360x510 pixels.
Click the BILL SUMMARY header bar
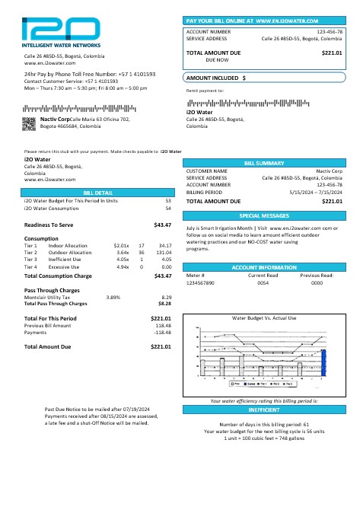(x=264, y=164)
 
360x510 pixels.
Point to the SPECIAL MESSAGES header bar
(x=264, y=216)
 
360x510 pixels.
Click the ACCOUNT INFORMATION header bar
(x=264, y=268)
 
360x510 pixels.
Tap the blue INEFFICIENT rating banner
(x=264, y=410)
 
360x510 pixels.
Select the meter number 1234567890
(x=200, y=282)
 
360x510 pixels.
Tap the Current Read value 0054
(x=263, y=282)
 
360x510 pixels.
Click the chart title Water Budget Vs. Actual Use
(x=263, y=317)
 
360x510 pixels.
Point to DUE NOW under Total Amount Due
(x=217, y=59)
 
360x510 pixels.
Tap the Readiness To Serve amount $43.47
(x=162, y=225)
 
